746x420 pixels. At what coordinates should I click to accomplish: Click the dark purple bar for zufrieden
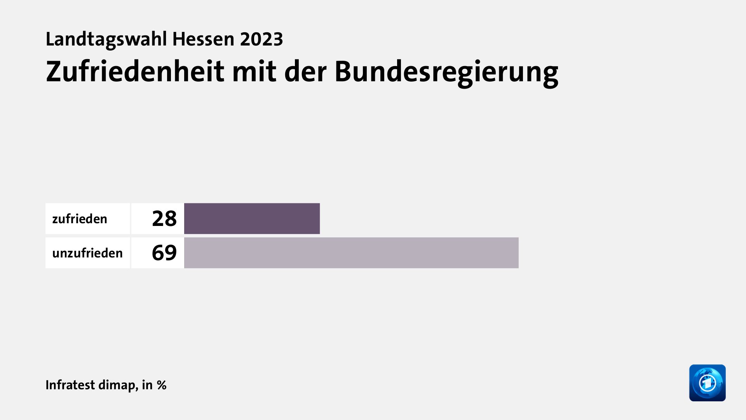tap(252, 219)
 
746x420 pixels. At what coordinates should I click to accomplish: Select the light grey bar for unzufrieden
tap(351, 253)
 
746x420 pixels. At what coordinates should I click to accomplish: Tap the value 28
tap(164, 219)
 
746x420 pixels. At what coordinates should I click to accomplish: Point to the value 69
tap(164, 253)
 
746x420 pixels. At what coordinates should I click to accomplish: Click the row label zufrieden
tap(80, 219)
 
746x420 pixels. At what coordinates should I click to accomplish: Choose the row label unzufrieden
tap(87, 253)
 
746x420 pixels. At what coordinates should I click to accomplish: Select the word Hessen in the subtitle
tap(203, 39)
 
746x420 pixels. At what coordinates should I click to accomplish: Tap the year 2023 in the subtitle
tap(261, 39)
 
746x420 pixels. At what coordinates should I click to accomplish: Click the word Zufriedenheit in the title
tap(135, 72)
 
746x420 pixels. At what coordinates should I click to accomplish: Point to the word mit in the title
tap(254, 72)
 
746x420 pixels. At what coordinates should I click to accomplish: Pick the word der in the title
tap(305, 72)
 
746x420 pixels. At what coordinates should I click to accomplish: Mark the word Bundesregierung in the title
tap(446, 72)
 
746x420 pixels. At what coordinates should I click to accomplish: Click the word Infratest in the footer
tap(70, 385)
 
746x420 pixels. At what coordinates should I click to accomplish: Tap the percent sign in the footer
tap(162, 385)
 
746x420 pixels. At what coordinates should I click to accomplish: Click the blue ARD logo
tap(707, 383)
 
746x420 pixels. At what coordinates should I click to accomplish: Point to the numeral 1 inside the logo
tap(708, 383)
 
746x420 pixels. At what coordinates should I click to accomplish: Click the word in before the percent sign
tap(147, 385)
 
